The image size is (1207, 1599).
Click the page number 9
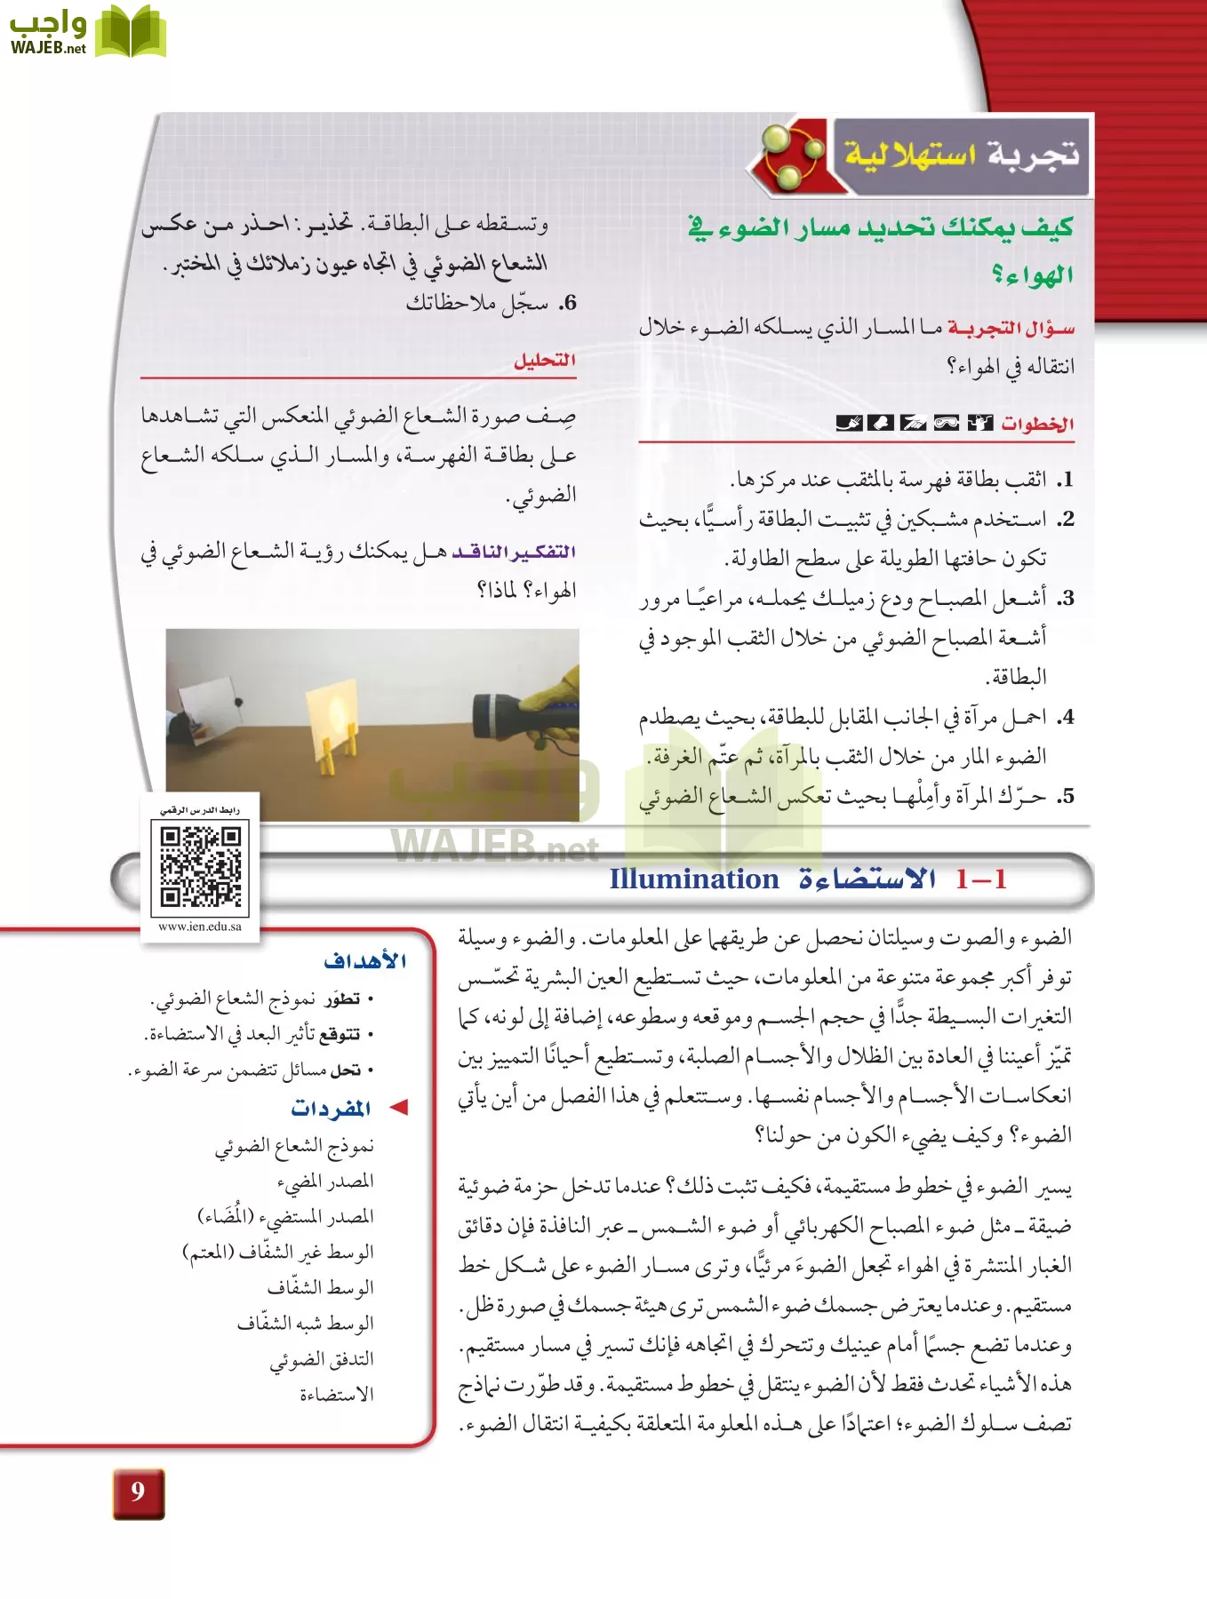tap(138, 1492)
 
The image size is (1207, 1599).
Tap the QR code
tap(200, 866)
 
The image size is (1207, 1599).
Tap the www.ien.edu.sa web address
tap(200, 927)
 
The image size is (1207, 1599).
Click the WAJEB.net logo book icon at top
tap(130, 32)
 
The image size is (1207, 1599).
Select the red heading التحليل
tap(545, 360)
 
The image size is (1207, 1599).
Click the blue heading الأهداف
tap(365, 961)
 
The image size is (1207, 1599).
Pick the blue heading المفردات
tap(331, 1108)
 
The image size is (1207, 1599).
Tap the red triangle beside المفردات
tap(399, 1107)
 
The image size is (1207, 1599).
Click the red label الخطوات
tap(1037, 424)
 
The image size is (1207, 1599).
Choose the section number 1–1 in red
tap(981, 879)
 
